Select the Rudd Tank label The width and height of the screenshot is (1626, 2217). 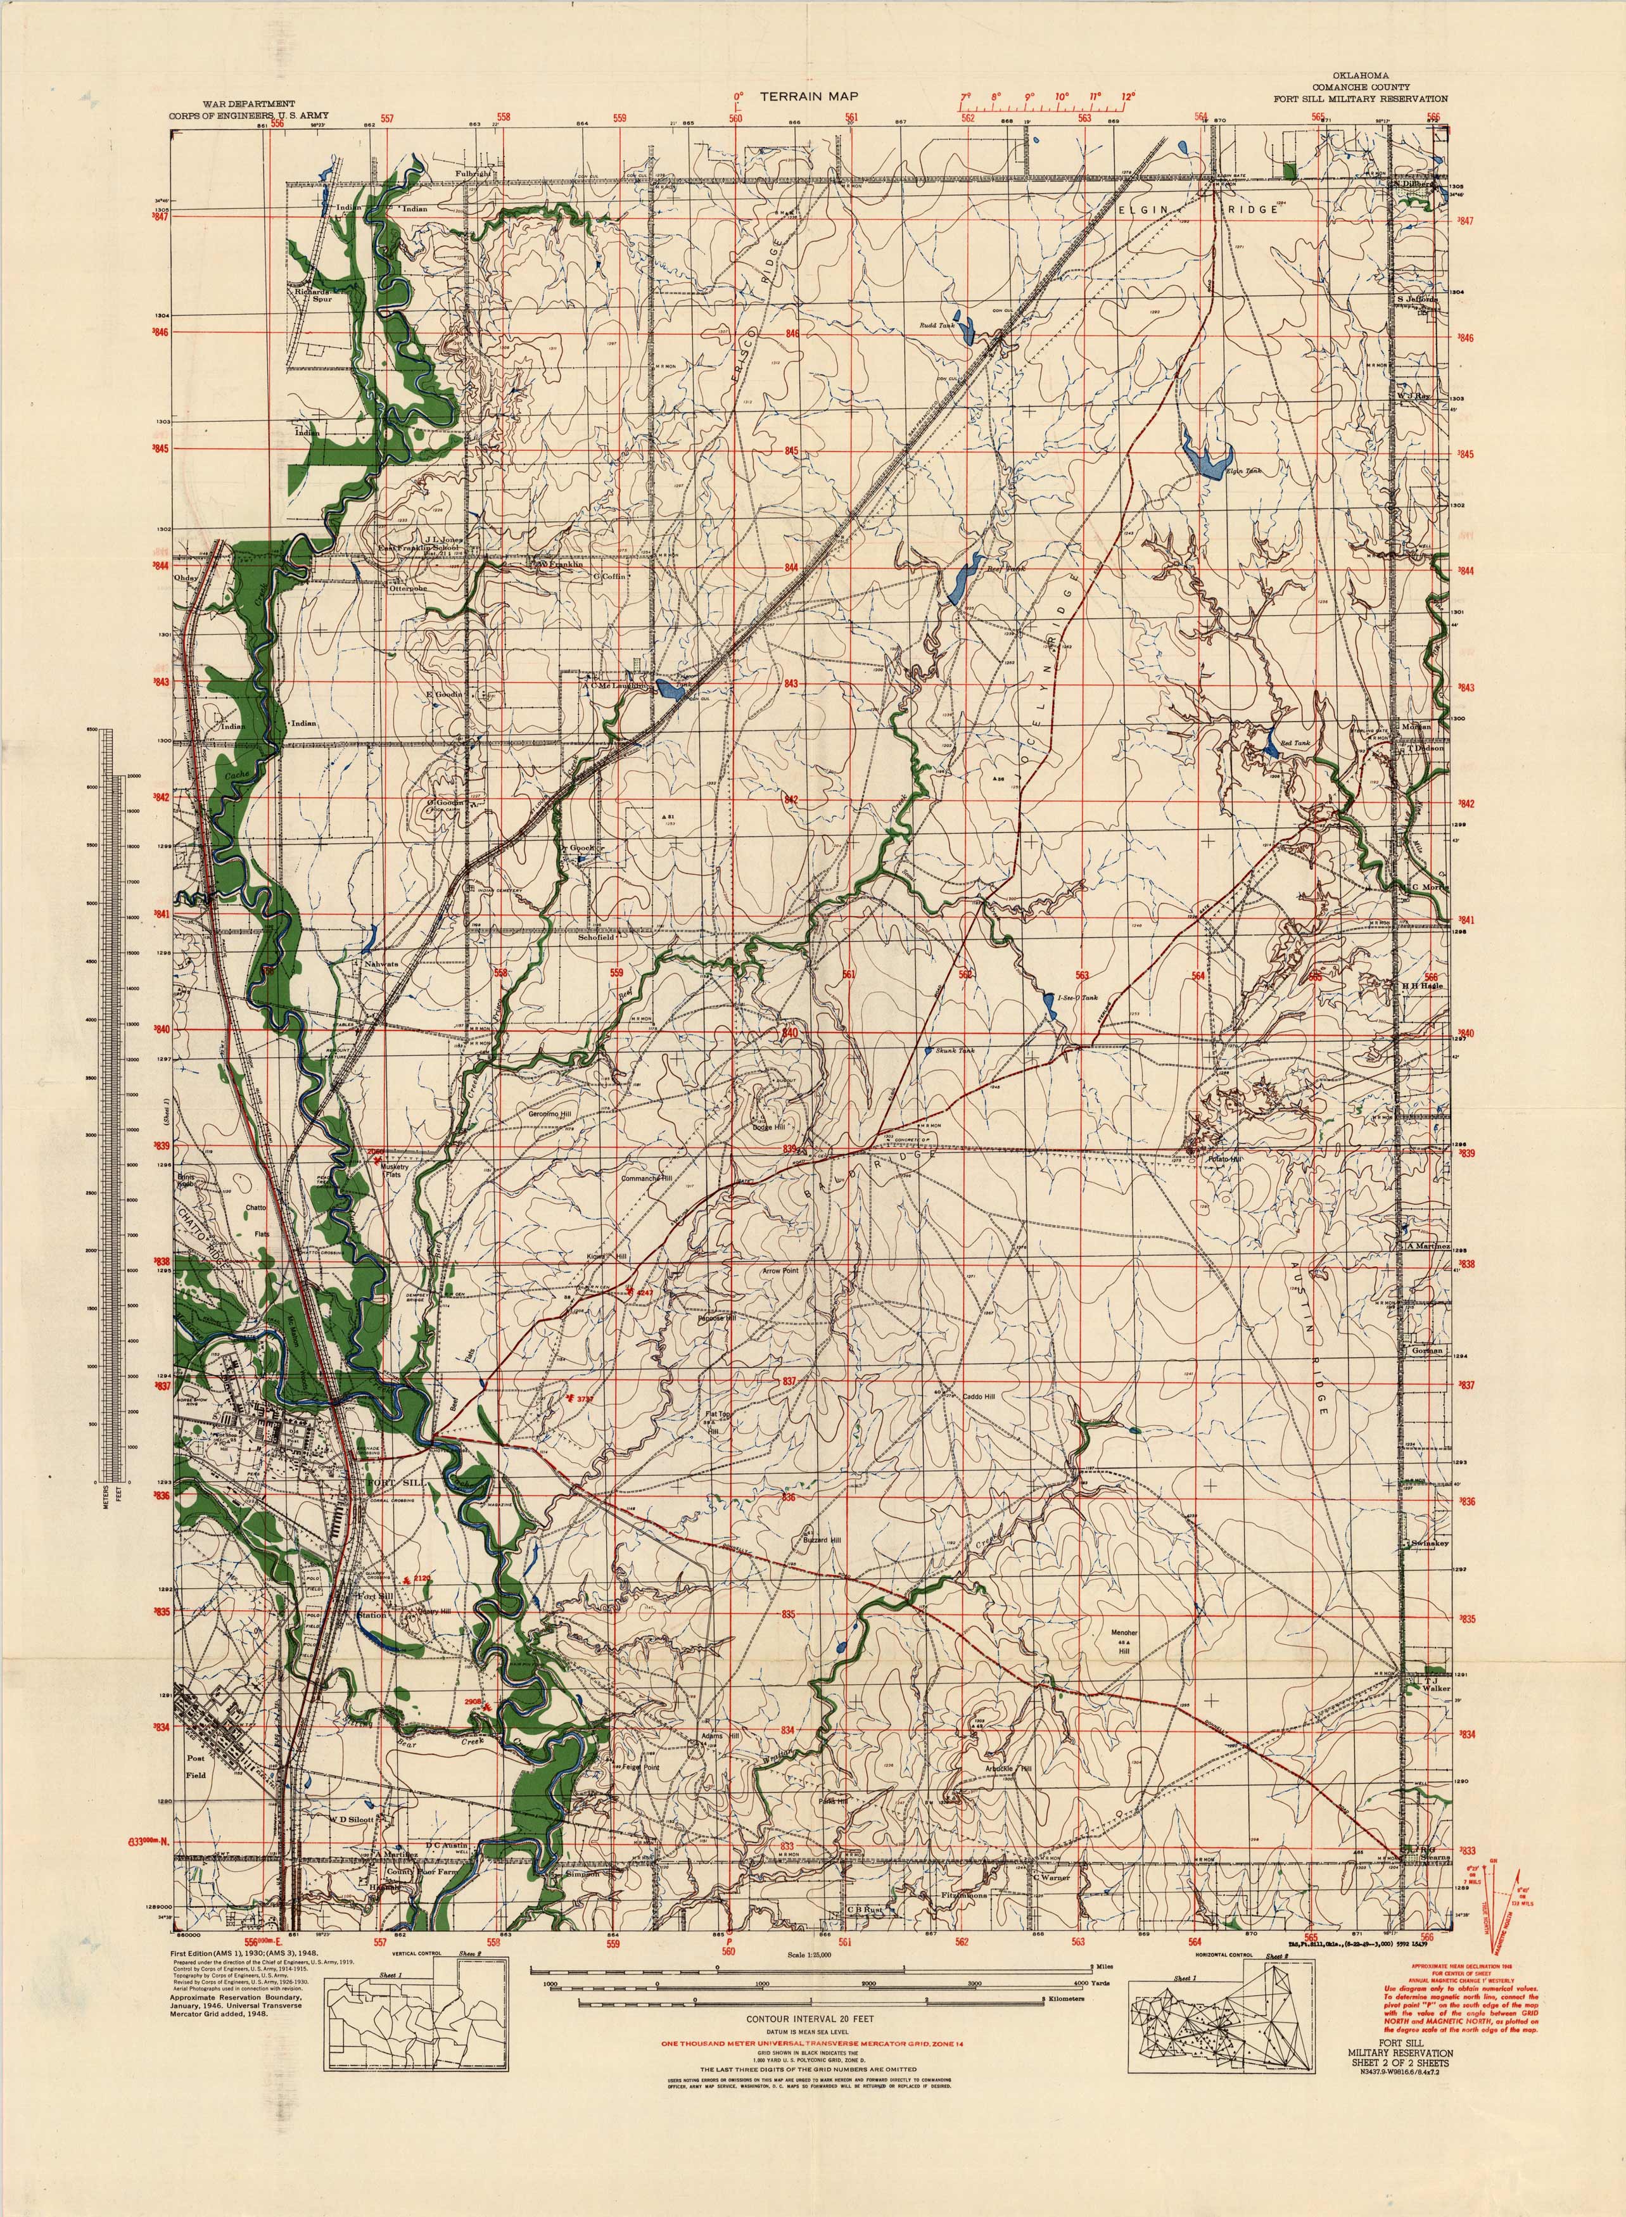pyautogui.click(x=937, y=325)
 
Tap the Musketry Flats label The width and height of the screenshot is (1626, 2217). pyautogui.click(x=391, y=1169)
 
